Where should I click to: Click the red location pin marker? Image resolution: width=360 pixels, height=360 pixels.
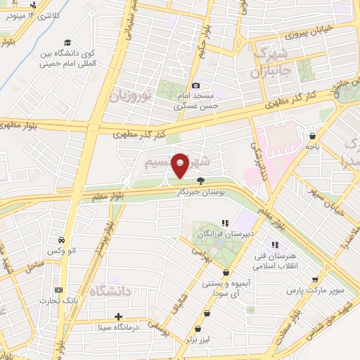[181, 165]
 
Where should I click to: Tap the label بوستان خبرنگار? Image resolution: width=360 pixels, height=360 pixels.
[200, 190]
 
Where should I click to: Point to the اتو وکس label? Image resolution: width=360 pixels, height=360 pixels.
[62, 252]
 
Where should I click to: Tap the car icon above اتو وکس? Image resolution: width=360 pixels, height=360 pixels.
[62, 240]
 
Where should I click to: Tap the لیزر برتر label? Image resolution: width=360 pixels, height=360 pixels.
[199, 339]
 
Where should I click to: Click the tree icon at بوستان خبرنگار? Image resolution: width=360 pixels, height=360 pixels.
[200, 179]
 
